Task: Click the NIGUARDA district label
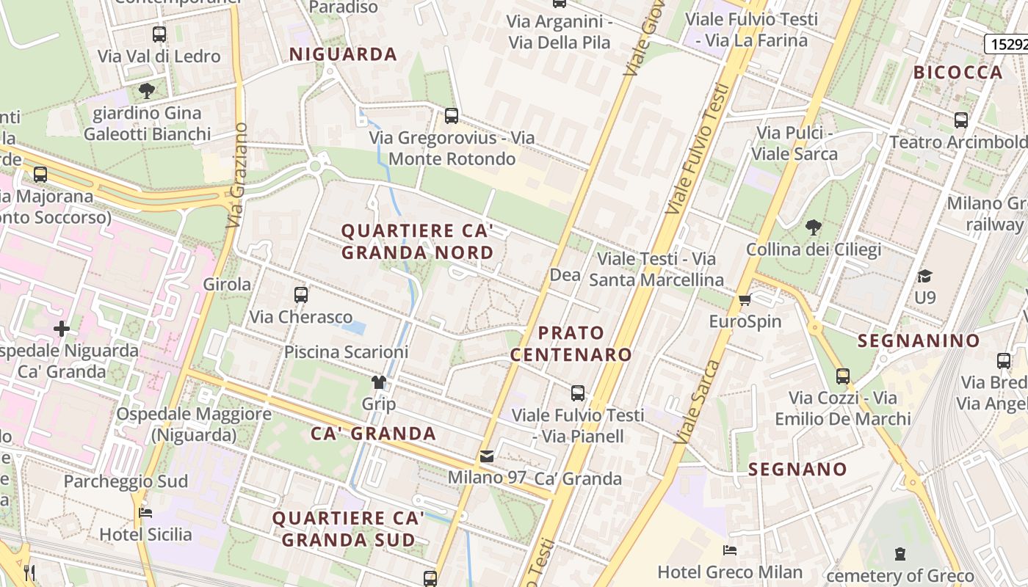click(x=343, y=54)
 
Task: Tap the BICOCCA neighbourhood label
click(x=958, y=72)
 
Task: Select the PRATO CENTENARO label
click(x=571, y=343)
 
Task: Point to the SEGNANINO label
click(x=919, y=340)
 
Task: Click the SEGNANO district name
click(x=797, y=469)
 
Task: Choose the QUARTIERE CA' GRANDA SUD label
click(x=348, y=529)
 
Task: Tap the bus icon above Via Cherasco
click(x=301, y=295)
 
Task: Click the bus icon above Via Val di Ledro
click(x=159, y=34)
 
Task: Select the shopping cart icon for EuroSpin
click(x=745, y=299)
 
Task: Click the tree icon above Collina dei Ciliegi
click(x=813, y=227)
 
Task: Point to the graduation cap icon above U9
click(x=924, y=276)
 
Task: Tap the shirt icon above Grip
click(x=378, y=382)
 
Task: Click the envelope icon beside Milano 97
click(x=487, y=456)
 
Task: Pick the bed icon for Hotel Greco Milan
click(x=729, y=550)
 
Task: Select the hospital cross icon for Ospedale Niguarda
click(x=62, y=329)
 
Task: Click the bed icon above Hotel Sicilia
click(x=145, y=512)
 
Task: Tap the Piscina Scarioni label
click(x=346, y=352)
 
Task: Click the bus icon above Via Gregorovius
click(x=452, y=115)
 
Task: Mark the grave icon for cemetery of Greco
click(x=900, y=554)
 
